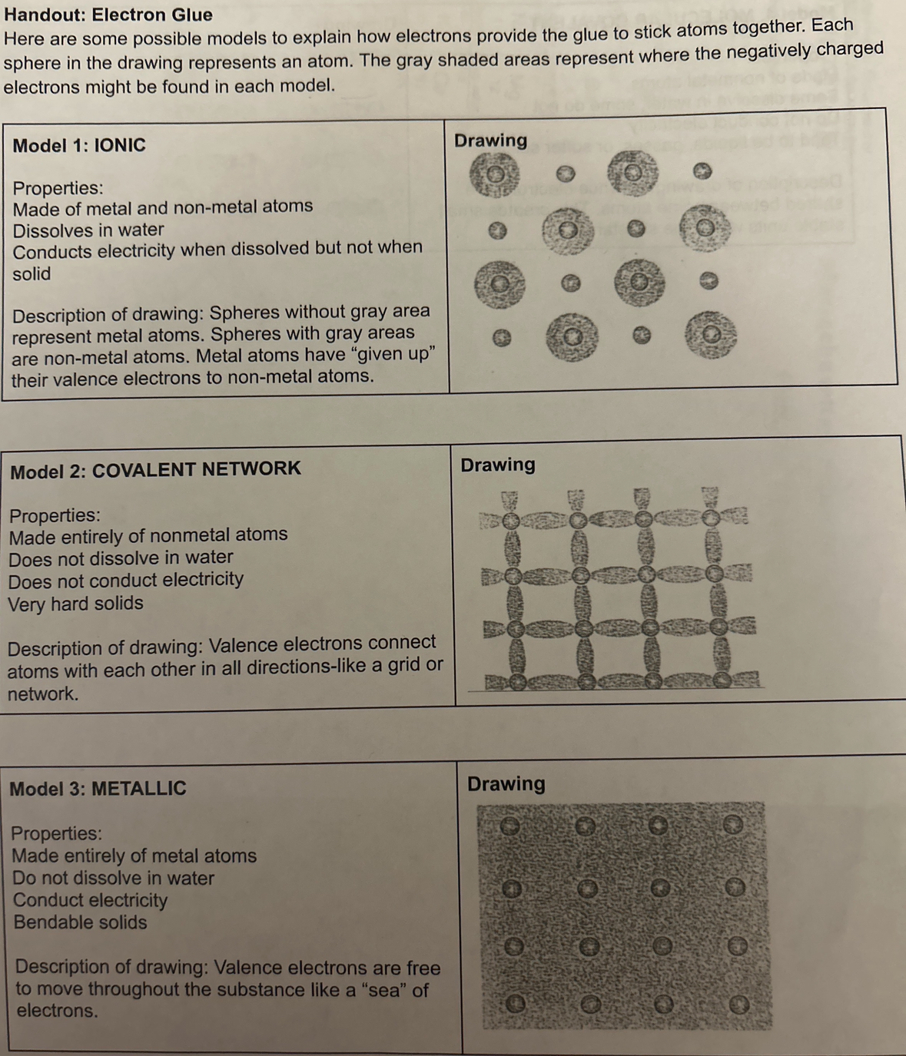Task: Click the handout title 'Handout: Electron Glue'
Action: (108, 15)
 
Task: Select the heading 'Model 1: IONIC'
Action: (79, 145)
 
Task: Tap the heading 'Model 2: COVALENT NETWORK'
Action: (155, 469)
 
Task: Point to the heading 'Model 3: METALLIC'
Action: (98, 789)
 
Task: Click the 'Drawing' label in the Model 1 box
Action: (490, 141)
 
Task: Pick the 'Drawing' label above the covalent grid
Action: (497, 465)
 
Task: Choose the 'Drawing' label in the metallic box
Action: (506, 784)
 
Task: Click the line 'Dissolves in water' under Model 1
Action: (88, 230)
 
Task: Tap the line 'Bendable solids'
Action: (80, 922)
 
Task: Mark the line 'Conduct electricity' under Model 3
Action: (90, 900)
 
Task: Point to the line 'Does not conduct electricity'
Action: (126, 580)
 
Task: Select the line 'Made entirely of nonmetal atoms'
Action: (148, 535)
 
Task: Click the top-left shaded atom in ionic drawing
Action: (494, 174)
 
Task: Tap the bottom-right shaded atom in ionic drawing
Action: (711, 335)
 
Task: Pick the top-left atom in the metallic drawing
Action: (510, 826)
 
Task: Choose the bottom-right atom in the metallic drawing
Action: (739, 1004)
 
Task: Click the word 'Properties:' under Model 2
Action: (55, 515)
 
